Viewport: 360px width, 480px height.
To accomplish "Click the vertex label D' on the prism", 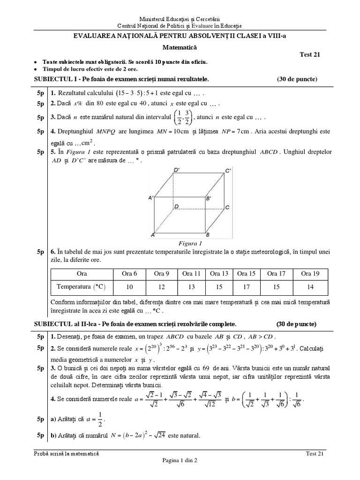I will (x=177, y=170).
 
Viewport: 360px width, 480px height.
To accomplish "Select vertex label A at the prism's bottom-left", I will (x=152, y=234).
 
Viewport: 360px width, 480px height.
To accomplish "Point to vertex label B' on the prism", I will (x=209, y=199).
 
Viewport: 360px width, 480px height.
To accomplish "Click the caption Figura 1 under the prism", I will (x=190, y=243).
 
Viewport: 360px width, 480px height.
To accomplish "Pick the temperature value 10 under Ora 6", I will (x=130, y=286).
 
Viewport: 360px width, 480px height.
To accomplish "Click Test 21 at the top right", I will (x=309, y=54).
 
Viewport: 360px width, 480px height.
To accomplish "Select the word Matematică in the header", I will (x=180, y=47).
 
